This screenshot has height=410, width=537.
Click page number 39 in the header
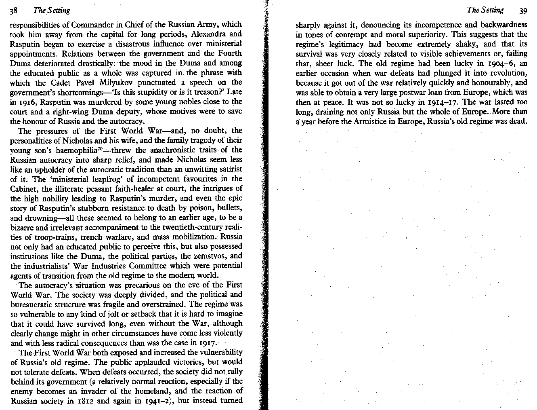tap(523, 11)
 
